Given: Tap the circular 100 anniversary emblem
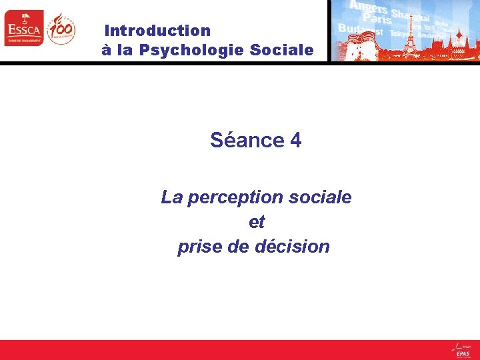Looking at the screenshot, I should click(x=61, y=29).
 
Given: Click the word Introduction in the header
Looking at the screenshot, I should click(x=158, y=31).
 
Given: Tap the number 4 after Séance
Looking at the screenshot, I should click(x=296, y=141).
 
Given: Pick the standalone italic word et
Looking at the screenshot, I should click(x=257, y=222).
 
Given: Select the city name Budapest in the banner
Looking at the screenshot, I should click(x=361, y=30).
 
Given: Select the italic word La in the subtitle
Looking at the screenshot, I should click(x=171, y=198).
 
